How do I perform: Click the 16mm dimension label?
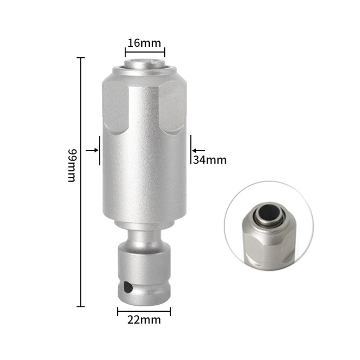[x=144, y=43]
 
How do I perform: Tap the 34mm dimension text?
[x=210, y=159]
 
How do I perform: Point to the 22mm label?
[x=144, y=320]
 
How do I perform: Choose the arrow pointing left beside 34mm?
[x=198, y=150]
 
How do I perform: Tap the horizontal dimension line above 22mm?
[x=144, y=311]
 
